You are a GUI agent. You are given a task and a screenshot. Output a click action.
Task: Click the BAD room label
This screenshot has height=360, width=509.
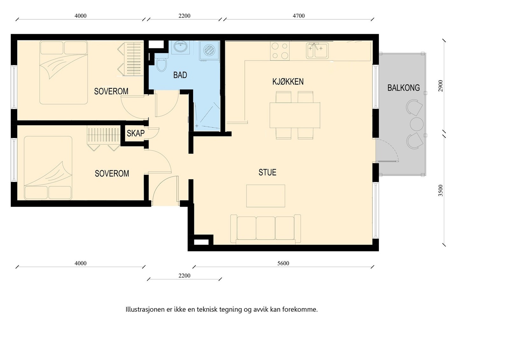pyautogui.click(x=180, y=75)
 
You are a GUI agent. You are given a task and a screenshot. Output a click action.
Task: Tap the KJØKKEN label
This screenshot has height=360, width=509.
pyautogui.click(x=288, y=82)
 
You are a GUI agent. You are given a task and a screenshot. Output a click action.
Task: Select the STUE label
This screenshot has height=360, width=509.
pyautogui.click(x=268, y=172)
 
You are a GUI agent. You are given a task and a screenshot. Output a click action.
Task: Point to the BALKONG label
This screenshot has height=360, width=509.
pyautogui.click(x=404, y=88)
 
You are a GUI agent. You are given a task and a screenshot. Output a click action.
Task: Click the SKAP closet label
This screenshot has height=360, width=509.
pyautogui.click(x=136, y=133)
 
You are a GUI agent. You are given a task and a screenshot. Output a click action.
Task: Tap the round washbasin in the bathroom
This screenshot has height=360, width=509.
pyautogui.click(x=181, y=46)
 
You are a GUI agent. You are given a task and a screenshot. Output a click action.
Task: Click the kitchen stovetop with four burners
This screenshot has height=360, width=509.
pyautogui.click(x=280, y=51)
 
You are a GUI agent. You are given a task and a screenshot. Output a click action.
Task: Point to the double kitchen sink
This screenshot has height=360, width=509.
pyautogui.click(x=317, y=51)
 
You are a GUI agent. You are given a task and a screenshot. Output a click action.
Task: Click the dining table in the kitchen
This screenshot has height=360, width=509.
pyautogui.click(x=295, y=115)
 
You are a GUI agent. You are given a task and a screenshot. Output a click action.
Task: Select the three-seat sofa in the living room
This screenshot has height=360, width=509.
pyautogui.click(x=266, y=229)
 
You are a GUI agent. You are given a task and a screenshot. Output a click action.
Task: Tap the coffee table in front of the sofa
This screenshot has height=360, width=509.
pyautogui.click(x=266, y=196)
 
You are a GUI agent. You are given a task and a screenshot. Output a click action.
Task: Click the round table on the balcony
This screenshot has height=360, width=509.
pyautogui.click(x=417, y=124)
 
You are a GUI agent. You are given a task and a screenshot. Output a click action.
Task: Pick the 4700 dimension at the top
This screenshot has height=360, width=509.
pyautogui.click(x=299, y=16)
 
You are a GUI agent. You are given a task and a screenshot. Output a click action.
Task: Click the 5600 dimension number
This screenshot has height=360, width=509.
pyautogui.click(x=283, y=263)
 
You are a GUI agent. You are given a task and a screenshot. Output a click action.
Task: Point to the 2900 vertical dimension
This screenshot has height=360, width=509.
pyautogui.click(x=441, y=86)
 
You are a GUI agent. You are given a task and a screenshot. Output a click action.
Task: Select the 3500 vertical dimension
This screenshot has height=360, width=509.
pyautogui.click(x=441, y=190)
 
